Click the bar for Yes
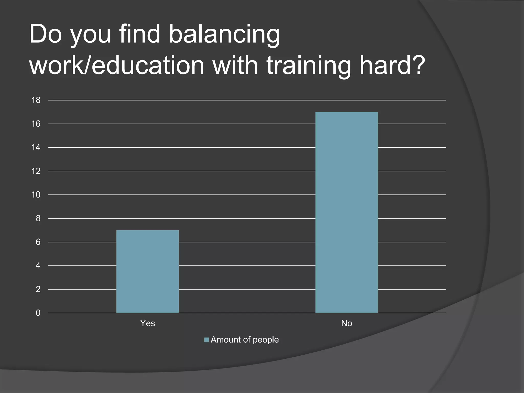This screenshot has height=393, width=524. (x=147, y=271)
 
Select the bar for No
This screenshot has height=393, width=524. (x=346, y=212)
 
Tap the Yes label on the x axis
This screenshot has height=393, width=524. (x=147, y=323)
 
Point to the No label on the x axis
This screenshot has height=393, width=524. (x=346, y=323)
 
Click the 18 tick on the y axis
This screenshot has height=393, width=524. (x=36, y=100)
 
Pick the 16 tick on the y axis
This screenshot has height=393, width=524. (x=36, y=124)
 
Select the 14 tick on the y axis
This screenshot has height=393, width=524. (x=36, y=147)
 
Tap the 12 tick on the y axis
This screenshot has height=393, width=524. (x=36, y=171)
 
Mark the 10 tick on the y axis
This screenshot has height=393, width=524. (x=36, y=195)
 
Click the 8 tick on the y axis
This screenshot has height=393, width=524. (x=38, y=218)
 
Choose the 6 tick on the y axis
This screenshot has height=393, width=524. (x=38, y=242)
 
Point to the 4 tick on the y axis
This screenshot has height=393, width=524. (x=38, y=266)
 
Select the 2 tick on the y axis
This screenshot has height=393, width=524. (x=38, y=289)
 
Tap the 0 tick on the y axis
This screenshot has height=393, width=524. (x=38, y=313)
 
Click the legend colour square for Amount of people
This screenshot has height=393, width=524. (x=206, y=340)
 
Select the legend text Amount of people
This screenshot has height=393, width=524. (x=245, y=340)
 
